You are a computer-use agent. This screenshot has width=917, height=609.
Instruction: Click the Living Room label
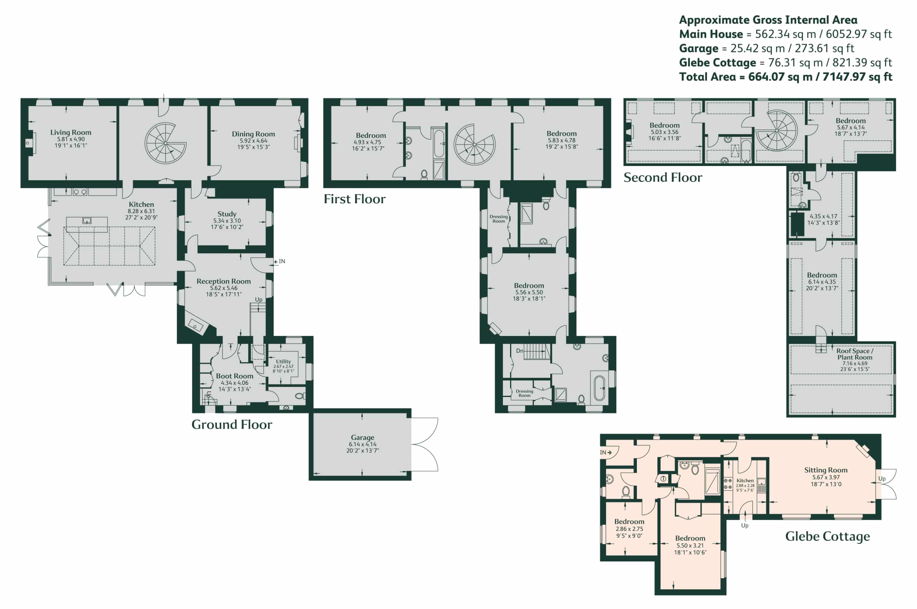tap(71, 132)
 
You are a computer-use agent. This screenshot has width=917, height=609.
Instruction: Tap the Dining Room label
tap(254, 134)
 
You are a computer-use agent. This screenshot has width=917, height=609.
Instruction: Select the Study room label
tap(227, 214)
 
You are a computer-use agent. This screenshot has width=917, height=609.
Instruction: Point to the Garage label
tap(363, 437)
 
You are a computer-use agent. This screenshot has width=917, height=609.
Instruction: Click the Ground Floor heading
tap(232, 424)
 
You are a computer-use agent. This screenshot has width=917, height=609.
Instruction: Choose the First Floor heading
tap(355, 199)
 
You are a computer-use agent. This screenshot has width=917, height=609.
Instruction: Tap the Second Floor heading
tap(663, 177)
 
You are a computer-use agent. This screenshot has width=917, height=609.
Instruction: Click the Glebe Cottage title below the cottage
tap(827, 536)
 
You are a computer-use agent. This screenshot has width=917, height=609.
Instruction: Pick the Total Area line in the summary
tap(786, 77)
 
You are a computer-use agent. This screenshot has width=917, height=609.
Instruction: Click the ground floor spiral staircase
tap(165, 143)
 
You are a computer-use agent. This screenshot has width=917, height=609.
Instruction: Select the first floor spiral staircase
tap(474, 145)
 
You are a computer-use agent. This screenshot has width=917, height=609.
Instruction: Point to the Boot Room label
tap(234, 376)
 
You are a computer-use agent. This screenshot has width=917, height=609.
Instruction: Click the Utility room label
tap(283, 361)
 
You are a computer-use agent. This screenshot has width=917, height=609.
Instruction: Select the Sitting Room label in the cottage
tap(826, 470)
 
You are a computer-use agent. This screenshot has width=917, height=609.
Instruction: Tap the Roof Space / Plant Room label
tap(854, 354)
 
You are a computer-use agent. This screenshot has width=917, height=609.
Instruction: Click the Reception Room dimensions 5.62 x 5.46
tap(224, 288)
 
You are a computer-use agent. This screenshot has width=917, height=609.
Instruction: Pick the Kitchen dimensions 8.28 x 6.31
tap(141, 211)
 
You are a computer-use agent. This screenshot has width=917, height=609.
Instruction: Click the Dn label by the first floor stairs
tap(520, 351)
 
